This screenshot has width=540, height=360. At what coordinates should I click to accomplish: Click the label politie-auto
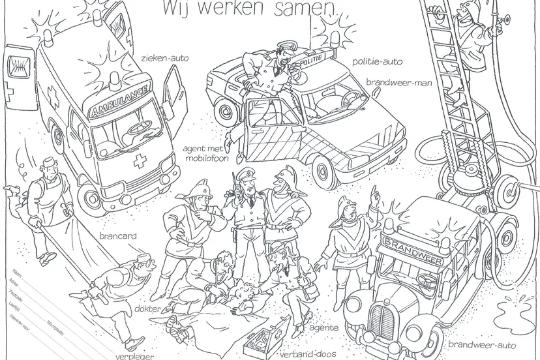tap(377, 62)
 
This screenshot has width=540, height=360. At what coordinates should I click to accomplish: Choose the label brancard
tap(118, 235)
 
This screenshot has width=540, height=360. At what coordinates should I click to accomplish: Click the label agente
tap(323, 327)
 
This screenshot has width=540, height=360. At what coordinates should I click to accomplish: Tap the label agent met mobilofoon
tap(203, 153)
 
